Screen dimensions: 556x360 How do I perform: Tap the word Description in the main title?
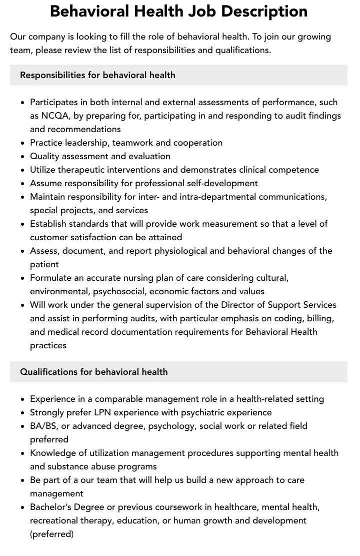pos(267,11)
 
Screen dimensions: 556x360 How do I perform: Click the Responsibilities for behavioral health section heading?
pos(97,75)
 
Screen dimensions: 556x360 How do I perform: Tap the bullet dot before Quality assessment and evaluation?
pos(22,157)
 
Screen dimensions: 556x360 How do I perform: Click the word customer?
pos(49,237)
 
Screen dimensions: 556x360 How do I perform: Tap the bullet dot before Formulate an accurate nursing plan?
pos(22,278)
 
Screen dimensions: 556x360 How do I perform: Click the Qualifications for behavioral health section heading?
pos(94,372)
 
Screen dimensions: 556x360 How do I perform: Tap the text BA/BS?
pos(43,426)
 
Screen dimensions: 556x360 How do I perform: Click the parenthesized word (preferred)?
pos(51,534)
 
